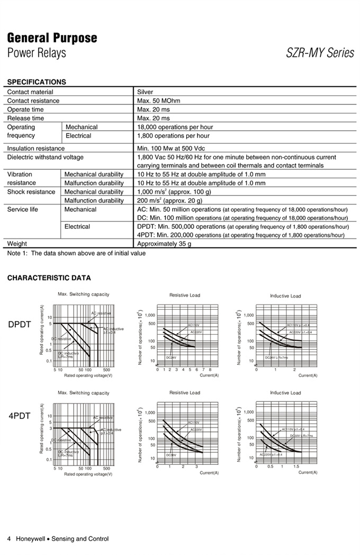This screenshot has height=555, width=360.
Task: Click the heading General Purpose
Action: click(x=52, y=38)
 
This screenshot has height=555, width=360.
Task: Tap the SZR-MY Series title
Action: click(x=320, y=53)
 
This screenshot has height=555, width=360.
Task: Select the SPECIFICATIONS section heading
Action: click(x=37, y=82)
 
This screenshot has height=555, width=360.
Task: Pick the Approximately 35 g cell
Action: click(x=164, y=244)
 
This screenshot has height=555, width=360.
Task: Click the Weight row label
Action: click(x=17, y=244)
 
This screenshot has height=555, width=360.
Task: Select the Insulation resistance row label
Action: click(x=35, y=149)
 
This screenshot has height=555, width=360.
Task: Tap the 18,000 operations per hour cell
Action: click(x=175, y=127)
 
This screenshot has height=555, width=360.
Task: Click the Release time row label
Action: click(x=25, y=118)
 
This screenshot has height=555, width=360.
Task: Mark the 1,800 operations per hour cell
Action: click(x=173, y=136)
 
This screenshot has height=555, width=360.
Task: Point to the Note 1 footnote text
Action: click(x=76, y=253)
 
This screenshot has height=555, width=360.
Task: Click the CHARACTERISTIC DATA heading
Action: click(x=49, y=278)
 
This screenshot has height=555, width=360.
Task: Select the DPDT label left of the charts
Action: click(x=20, y=324)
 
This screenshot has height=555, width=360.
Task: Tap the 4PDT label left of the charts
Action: click(x=20, y=416)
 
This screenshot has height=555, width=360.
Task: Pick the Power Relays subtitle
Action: click(x=37, y=53)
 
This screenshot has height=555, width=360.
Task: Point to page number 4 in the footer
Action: click(x=9, y=539)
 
